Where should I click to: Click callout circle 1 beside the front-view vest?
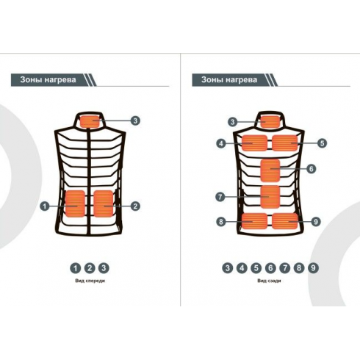point(45,206)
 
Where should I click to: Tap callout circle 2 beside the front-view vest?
point(135,206)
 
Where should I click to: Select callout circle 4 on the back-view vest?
point(221,143)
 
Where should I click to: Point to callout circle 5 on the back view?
point(323,143)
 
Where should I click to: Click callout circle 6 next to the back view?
point(312,169)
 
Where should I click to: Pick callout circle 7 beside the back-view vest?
point(220,197)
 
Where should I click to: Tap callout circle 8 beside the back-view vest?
point(221,222)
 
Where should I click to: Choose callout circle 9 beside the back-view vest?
point(316,222)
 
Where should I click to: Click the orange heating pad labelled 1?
point(75,204)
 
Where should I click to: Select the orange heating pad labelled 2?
point(104,204)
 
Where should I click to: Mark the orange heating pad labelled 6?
point(270,170)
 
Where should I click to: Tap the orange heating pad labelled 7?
point(270,197)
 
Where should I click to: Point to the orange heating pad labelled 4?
point(254,143)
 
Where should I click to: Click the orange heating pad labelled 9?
point(285,220)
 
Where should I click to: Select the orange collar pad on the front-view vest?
point(90,121)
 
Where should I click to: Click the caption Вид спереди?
point(90,281)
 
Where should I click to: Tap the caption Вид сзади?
point(269,281)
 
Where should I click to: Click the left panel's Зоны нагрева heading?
point(48,80)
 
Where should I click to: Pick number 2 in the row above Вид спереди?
point(90,268)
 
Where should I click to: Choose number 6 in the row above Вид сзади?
point(270,268)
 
